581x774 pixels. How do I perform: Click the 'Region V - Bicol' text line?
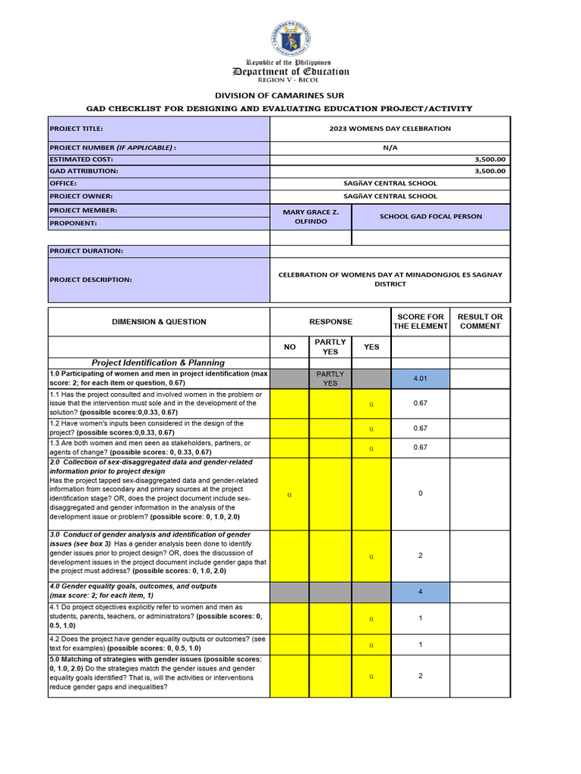[290, 80]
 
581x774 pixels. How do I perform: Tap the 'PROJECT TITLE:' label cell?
[159, 128]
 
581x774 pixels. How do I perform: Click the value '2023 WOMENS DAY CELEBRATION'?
[390, 128]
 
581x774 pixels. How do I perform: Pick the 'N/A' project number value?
[390, 148]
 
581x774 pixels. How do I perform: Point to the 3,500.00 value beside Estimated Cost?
[490, 159]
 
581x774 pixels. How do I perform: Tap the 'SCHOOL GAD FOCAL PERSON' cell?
[430, 217]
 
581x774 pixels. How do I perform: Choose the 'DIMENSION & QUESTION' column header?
[159, 322]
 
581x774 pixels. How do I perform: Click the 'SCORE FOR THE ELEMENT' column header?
[420, 321]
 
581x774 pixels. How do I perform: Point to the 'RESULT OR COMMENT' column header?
[480, 321]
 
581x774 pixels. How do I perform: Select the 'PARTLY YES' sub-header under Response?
[330, 347]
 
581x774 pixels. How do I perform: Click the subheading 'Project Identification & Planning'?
[159, 363]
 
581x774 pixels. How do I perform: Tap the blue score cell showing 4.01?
[420, 379]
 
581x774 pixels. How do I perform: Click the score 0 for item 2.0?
[420, 494]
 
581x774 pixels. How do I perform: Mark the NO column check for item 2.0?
[290, 494]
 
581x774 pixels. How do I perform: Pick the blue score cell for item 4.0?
[420, 592]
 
